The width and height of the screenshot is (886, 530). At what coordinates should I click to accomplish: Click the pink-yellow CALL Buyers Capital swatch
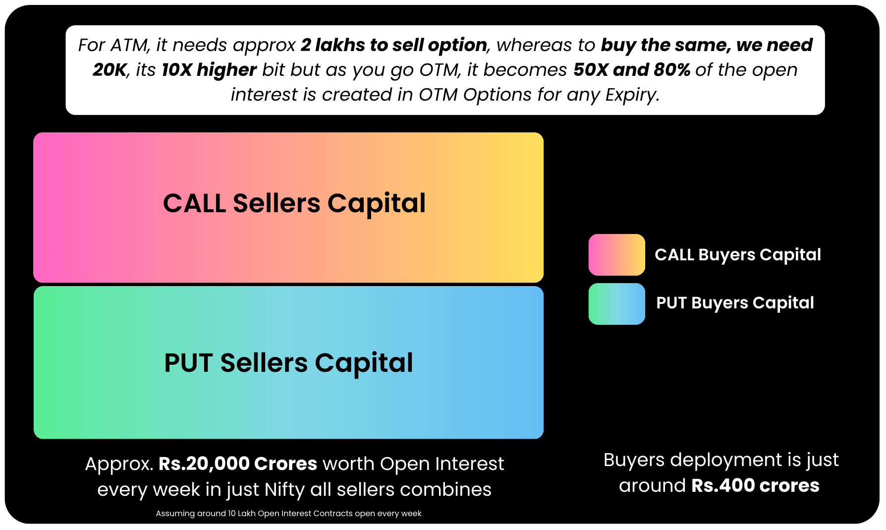point(616,255)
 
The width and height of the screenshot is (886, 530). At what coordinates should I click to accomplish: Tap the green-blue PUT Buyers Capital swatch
point(616,304)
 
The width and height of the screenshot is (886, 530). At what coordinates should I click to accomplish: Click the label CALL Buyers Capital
point(738,255)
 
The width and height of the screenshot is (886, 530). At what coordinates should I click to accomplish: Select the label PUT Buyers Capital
point(735,303)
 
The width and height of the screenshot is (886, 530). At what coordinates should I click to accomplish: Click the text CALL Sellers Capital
point(294,203)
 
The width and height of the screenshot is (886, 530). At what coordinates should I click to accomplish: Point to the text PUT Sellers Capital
point(288,363)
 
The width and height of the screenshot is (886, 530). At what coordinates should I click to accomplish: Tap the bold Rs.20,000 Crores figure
point(238,464)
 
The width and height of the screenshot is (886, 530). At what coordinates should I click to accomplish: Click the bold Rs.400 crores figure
point(755,486)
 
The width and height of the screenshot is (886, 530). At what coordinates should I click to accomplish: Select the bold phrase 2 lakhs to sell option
point(394,45)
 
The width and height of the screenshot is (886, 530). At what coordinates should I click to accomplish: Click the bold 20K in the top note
point(110,70)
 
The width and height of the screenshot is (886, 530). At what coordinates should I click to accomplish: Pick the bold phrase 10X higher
point(209,70)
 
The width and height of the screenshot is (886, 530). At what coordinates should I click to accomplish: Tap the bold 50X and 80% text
point(632,70)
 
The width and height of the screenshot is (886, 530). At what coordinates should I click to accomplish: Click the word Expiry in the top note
point(632,95)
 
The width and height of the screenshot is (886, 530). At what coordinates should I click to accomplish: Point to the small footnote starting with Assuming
point(288,514)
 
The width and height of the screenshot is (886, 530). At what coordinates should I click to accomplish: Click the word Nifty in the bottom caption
point(284,490)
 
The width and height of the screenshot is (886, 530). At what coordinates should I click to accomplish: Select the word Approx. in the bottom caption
point(119,464)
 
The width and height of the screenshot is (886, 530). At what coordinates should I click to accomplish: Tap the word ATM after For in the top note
point(130,45)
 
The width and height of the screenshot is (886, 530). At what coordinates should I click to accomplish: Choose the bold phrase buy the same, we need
point(707,45)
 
